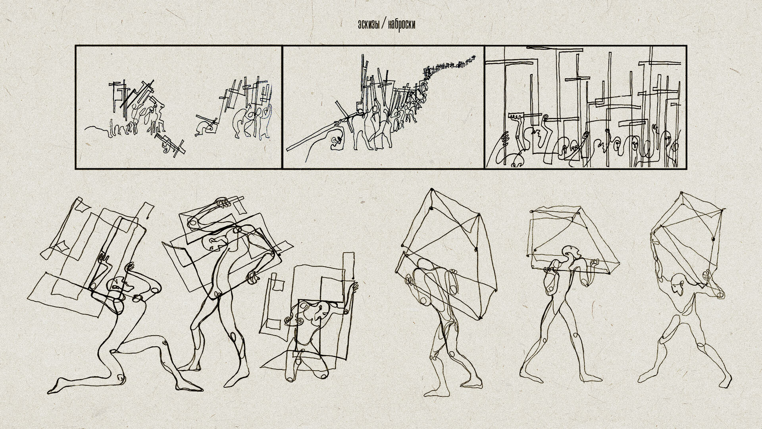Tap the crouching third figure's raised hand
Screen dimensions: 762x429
352,286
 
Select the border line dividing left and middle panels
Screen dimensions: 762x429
282,107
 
